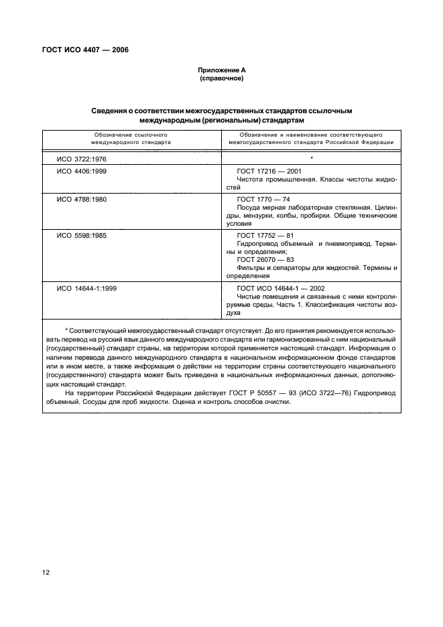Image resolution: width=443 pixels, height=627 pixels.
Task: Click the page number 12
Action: [x=48, y=573]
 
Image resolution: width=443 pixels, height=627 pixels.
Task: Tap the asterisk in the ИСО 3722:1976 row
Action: [x=312, y=157]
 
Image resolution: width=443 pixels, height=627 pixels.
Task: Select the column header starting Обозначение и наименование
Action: [x=311, y=139]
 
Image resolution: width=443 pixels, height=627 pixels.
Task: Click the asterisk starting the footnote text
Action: [x=66, y=332]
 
